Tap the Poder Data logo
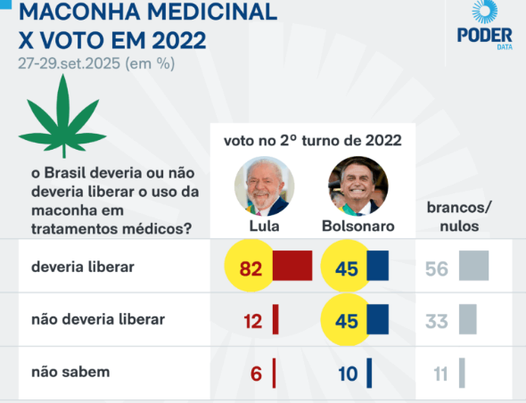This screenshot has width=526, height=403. click(x=485, y=25)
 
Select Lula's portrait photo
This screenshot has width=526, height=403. click(x=265, y=186)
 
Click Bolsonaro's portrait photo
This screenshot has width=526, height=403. click(x=358, y=186)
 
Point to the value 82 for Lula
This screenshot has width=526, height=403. click(x=251, y=268)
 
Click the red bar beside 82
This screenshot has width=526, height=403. click(x=292, y=266)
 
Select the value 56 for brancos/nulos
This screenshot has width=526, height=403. click(x=437, y=268)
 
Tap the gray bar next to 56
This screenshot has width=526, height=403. click(x=473, y=266)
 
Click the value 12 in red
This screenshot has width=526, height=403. click(x=252, y=321)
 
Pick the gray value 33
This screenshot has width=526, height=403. click(x=437, y=321)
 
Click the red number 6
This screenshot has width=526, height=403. click(x=256, y=374)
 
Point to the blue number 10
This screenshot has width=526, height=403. click(x=348, y=374)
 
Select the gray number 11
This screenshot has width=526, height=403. click(x=440, y=374)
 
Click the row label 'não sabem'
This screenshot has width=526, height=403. click(x=70, y=372)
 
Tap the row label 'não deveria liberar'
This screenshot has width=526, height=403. click(x=98, y=319)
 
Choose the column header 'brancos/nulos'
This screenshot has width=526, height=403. click(x=459, y=217)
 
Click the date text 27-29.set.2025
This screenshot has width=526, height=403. click(x=70, y=63)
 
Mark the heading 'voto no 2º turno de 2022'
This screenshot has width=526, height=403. click(x=313, y=140)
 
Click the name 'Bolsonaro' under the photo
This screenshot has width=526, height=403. click(x=358, y=226)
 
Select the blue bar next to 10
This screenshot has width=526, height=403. click(x=369, y=374)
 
